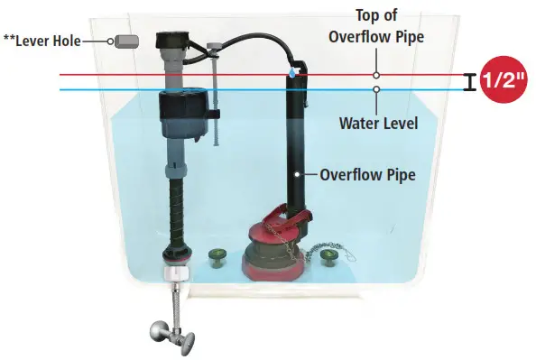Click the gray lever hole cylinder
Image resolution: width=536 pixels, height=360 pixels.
[x=124, y=41]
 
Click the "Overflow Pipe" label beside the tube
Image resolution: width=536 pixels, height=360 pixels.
[x=367, y=174]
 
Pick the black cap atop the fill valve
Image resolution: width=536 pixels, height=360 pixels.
[x=171, y=42]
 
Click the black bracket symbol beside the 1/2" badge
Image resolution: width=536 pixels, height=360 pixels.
[x=469, y=82]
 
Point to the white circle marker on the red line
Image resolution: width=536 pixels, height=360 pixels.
[x=377, y=75]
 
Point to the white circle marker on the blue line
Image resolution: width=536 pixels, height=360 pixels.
[x=377, y=89]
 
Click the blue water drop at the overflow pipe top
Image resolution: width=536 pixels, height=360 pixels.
[x=291, y=70]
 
